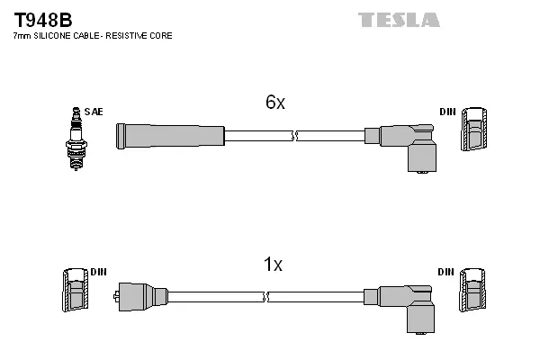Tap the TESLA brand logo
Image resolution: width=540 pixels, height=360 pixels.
[399, 20]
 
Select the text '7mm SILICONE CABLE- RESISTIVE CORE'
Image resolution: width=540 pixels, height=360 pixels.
[92, 36]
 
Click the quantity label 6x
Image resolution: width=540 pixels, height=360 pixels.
[274, 103]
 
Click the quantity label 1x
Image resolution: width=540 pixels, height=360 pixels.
[273, 265]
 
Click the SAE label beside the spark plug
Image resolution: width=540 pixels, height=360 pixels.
[95, 112]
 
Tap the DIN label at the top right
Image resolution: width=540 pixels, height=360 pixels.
[446, 112]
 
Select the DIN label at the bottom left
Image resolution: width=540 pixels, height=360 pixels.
[98, 272]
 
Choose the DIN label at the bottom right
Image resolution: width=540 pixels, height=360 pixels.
[446, 272]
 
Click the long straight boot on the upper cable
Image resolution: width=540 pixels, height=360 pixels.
[170, 136]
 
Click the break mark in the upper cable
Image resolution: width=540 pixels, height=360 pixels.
[294, 136]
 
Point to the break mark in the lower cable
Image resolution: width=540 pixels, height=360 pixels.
[266, 296]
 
